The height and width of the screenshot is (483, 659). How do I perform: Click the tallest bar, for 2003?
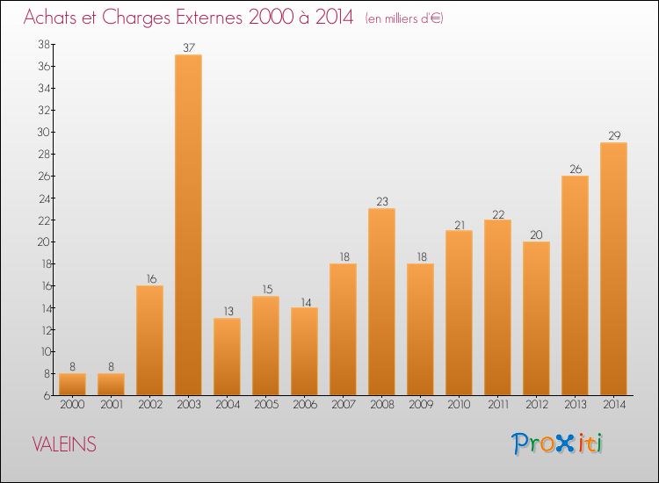click(188, 225)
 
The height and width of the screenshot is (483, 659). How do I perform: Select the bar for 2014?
click(613, 269)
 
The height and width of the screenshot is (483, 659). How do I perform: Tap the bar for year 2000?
click(72, 384)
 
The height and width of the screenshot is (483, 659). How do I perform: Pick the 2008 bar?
click(381, 301)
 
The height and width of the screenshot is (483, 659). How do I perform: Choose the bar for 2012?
click(536, 318)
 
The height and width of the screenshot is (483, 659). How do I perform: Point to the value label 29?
click(613, 135)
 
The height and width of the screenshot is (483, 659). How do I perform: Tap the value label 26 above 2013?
click(575, 169)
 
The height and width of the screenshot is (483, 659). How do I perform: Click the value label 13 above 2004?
click(227, 311)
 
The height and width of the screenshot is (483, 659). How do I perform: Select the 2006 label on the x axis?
click(304, 405)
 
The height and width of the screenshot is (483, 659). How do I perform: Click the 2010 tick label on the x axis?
click(459, 405)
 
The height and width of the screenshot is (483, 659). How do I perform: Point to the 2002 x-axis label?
click(149, 405)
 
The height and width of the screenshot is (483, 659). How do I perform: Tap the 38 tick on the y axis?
click(43, 44)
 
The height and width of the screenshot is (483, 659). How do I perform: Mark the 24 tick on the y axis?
click(43, 198)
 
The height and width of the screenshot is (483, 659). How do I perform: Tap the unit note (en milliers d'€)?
click(403, 18)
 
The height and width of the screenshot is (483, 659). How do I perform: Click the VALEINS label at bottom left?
click(64, 444)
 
